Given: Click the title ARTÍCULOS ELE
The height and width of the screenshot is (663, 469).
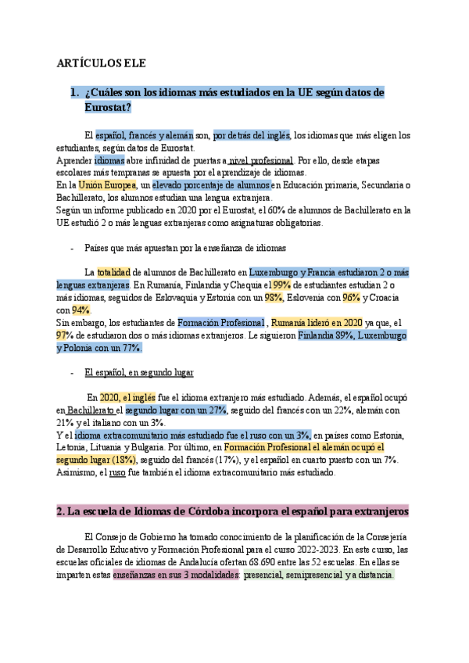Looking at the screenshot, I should pos(102,63).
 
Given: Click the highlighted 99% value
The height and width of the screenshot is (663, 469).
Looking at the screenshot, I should pos(281,285).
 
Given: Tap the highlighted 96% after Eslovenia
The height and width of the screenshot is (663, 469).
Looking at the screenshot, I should pos(351,298).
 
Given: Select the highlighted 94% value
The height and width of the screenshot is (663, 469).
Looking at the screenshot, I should pos(81,310).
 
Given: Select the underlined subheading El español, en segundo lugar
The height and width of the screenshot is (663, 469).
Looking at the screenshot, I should pos(138,373).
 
